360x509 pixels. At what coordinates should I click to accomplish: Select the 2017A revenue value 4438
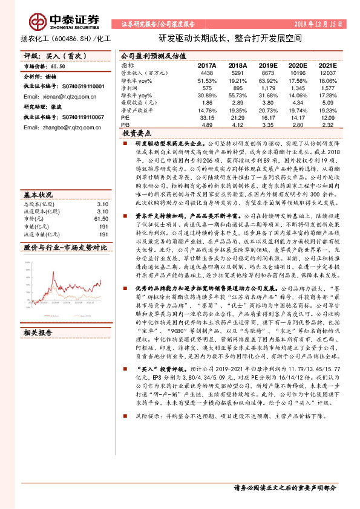point(207,73)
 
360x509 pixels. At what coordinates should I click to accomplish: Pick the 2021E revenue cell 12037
point(327,73)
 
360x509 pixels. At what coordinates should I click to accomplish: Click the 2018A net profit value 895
point(238,88)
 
